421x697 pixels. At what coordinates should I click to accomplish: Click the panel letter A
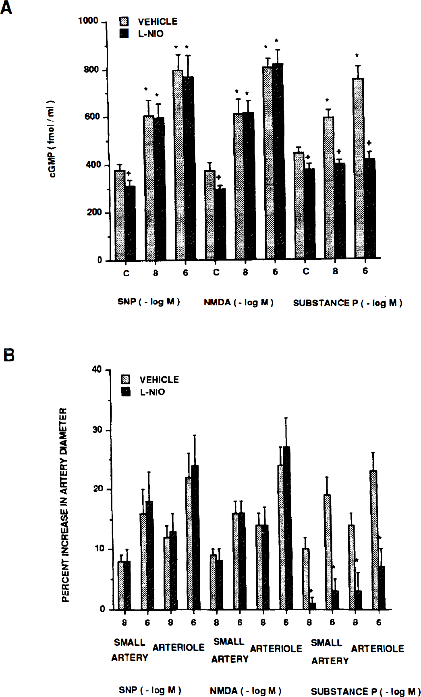[6, 8]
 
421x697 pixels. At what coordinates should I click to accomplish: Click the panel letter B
[9, 355]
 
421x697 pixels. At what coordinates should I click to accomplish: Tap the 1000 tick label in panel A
[88, 21]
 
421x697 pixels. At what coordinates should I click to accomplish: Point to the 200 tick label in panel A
[94, 213]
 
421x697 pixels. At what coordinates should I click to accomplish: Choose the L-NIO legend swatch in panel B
[126, 392]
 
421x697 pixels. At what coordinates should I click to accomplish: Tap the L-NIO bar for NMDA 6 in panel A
[278, 161]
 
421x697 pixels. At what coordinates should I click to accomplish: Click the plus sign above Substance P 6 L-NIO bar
[369, 143]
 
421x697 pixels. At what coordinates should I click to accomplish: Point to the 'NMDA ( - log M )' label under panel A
[238, 302]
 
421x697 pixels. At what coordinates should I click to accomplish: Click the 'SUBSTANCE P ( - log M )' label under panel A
[347, 303]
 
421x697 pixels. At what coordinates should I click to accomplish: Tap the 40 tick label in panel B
[97, 369]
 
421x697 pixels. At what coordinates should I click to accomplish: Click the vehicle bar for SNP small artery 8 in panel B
[121, 585]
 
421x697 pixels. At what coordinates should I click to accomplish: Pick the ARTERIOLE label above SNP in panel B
[178, 647]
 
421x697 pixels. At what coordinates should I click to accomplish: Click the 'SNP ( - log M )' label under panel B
[150, 690]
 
